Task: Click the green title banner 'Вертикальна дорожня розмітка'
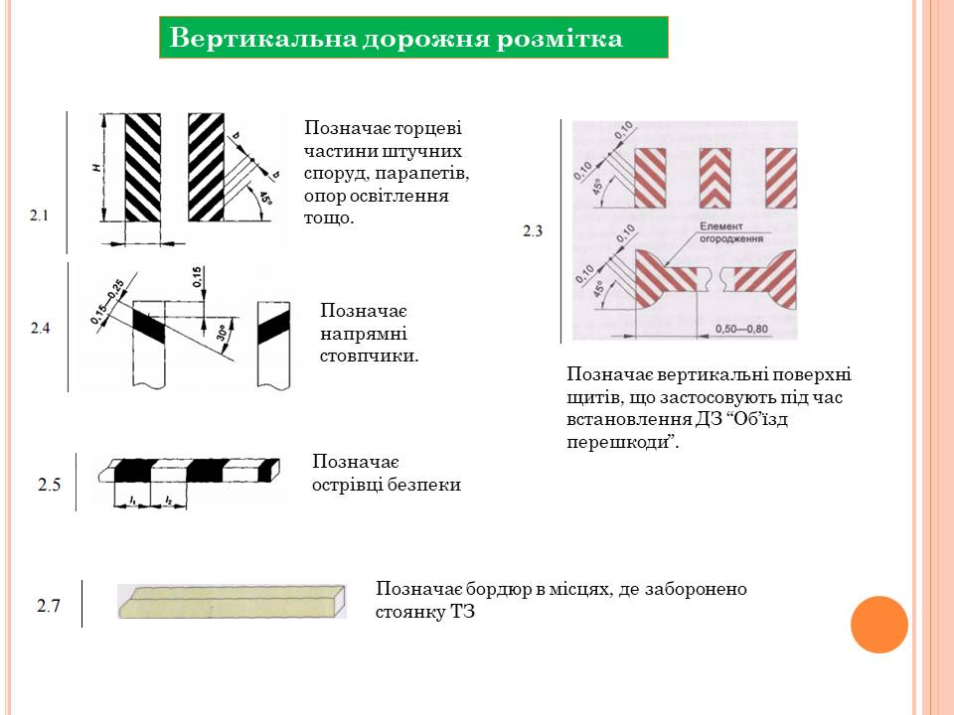[413, 38]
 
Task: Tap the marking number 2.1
[40, 213]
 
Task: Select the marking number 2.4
[40, 327]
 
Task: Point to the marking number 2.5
[50, 486]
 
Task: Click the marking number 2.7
[50, 605]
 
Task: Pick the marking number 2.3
[533, 231]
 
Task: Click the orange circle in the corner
[879, 625]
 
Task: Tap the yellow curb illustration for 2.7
[232, 602]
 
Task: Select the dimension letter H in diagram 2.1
[96, 170]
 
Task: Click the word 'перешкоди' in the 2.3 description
[618, 442]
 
